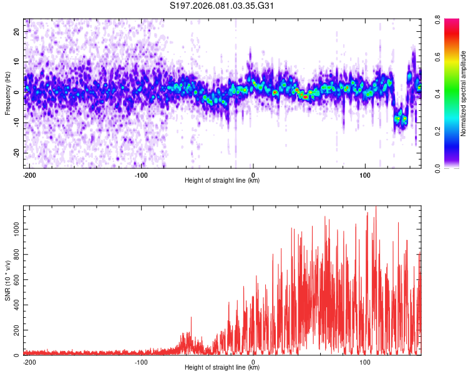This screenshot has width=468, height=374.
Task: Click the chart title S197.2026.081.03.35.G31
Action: pos(223,6)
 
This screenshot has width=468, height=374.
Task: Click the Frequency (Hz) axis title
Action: pos(7,93)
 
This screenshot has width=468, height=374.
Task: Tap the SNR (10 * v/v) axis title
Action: pos(7,280)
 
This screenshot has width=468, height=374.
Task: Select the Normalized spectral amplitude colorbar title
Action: pos(464,93)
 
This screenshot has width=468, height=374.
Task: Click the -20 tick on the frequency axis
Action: pos(16,153)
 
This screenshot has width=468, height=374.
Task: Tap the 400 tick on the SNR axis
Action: pos(14,305)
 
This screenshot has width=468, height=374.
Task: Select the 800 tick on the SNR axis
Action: pos(14,254)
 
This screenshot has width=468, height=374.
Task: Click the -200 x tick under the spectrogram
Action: pos(30,174)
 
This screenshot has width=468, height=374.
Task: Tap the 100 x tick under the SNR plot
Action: pos(364,361)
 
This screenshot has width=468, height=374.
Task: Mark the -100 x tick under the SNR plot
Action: pos(141,361)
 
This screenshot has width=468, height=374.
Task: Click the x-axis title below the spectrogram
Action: pos(222,181)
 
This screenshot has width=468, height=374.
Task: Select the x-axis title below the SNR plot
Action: pos(222,368)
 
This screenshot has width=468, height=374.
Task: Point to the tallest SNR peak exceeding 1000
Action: pos(376,208)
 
